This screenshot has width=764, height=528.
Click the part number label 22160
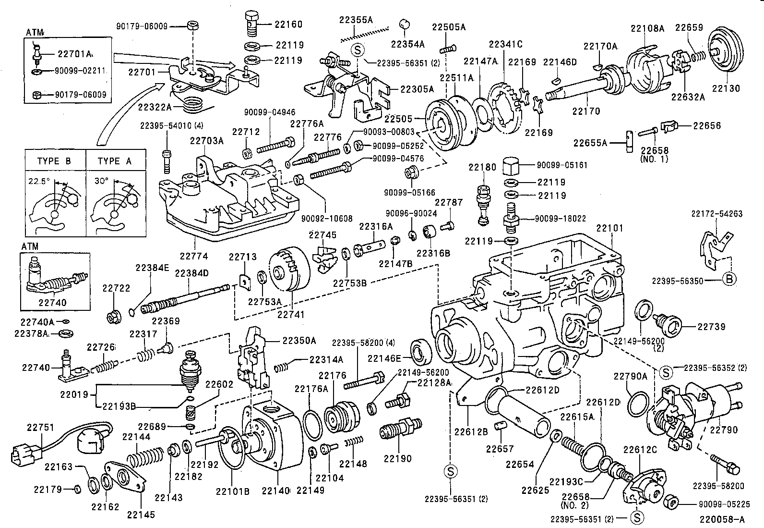[288, 24]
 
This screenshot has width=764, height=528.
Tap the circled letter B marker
[728, 280]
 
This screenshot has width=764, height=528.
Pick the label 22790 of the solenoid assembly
[724, 430]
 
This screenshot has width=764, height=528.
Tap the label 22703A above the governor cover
[206, 141]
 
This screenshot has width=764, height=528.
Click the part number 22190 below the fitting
[398, 458]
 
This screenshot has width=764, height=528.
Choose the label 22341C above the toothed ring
[505, 44]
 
